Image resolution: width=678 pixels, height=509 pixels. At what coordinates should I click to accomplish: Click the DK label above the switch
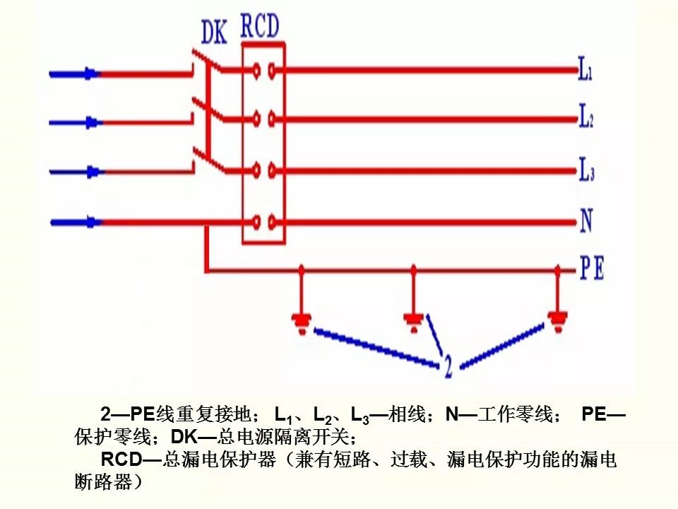pyautogui.click(x=214, y=32)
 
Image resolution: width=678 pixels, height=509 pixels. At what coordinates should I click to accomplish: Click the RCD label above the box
pyautogui.click(x=260, y=26)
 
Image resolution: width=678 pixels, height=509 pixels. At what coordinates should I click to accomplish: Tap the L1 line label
pyautogui.click(x=585, y=71)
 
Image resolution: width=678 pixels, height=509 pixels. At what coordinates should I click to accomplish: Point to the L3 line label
pyautogui.click(x=586, y=170)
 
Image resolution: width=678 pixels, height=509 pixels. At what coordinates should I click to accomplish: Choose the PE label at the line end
pyautogui.click(x=592, y=269)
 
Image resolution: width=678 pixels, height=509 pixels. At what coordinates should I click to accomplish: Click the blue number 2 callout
pyautogui.click(x=448, y=366)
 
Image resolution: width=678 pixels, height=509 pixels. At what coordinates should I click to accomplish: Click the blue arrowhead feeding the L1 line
pyautogui.click(x=90, y=72)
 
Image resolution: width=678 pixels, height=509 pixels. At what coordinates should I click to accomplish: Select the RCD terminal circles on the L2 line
pyautogui.click(x=263, y=118)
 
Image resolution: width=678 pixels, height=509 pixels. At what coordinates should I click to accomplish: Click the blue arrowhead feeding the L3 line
pyautogui.click(x=90, y=171)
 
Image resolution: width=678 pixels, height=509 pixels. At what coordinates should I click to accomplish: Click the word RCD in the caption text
pyautogui.click(x=121, y=460)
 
